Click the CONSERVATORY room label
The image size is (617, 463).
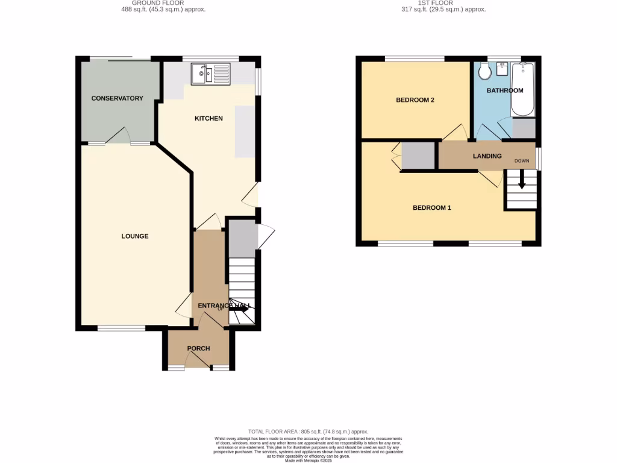tap(117, 98)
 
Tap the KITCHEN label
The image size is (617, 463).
tap(208, 118)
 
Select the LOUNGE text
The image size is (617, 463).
tap(135, 236)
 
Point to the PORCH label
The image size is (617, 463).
tap(198, 348)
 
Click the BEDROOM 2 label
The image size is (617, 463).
tap(415, 100)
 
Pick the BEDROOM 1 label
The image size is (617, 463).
tap(432, 208)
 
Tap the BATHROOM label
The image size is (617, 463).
tap(505, 90)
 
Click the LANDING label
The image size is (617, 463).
tap(487, 156)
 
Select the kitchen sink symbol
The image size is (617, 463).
tap(210, 74)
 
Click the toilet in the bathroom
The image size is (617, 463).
tap(483, 73)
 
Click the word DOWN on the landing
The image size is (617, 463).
tap(522, 161)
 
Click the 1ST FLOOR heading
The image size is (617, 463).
tap(443, 3)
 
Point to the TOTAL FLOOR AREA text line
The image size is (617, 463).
tap(308, 432)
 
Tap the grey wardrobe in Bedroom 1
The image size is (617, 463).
tap(418, 156)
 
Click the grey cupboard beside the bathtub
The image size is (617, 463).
tap(524, 128)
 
